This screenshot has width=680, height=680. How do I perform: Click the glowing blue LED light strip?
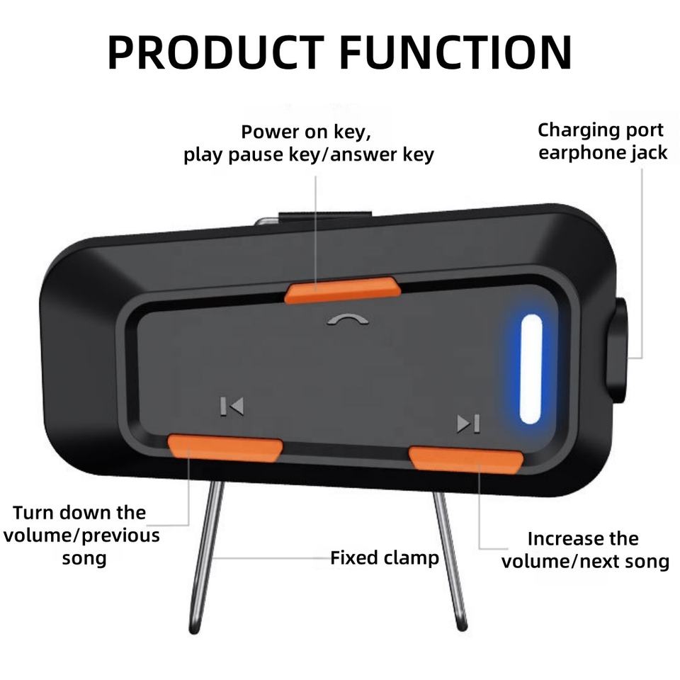coord(531,368)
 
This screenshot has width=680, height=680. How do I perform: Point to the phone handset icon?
coord(348,319)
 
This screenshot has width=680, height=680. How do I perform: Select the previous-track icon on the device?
coord(232,406)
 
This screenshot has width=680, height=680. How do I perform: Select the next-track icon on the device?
coord(468,424)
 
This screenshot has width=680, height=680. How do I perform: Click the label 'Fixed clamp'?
coord(385,558)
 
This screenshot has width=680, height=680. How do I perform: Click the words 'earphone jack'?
coord(603,153)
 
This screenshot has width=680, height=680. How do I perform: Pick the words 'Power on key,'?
coord(306,132)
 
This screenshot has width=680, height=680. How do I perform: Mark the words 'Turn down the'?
coord(79,512)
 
